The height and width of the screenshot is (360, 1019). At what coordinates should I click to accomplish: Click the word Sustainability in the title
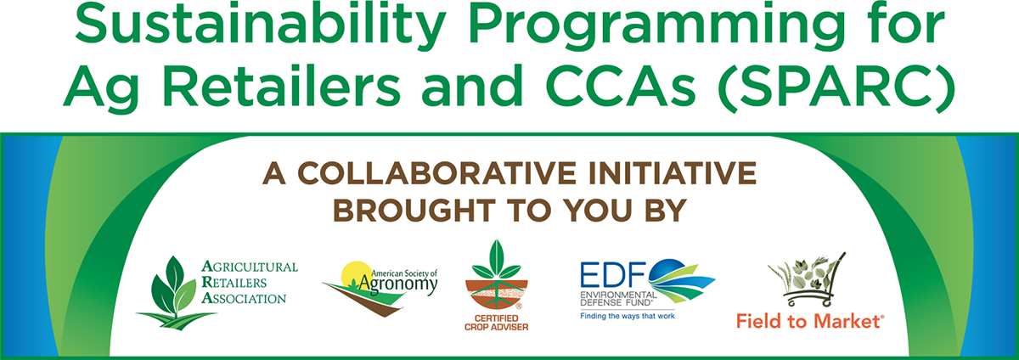tap(260, 25)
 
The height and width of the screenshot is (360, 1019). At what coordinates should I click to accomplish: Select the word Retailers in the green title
tap(282, 85)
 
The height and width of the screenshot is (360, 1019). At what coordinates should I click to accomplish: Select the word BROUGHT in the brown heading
tap(414, 211)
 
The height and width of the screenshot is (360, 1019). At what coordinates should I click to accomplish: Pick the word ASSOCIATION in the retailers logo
tap(244, 299)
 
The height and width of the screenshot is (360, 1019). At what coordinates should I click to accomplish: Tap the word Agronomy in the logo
tap(397, 284)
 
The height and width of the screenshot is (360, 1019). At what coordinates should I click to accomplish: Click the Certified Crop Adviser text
tap(496, 323)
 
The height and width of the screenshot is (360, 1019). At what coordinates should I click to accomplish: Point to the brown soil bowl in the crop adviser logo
tap(496, 295)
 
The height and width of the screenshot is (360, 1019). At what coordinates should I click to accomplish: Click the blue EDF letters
tap(613, 274)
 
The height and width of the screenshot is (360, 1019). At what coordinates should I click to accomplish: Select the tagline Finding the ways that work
tap(628, 316)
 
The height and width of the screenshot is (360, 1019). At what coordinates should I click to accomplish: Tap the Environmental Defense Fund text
tap(618, 299)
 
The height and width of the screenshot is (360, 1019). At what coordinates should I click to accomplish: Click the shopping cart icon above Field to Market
tap(806, 279)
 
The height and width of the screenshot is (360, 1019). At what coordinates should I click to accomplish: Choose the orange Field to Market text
tap(810, 322)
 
